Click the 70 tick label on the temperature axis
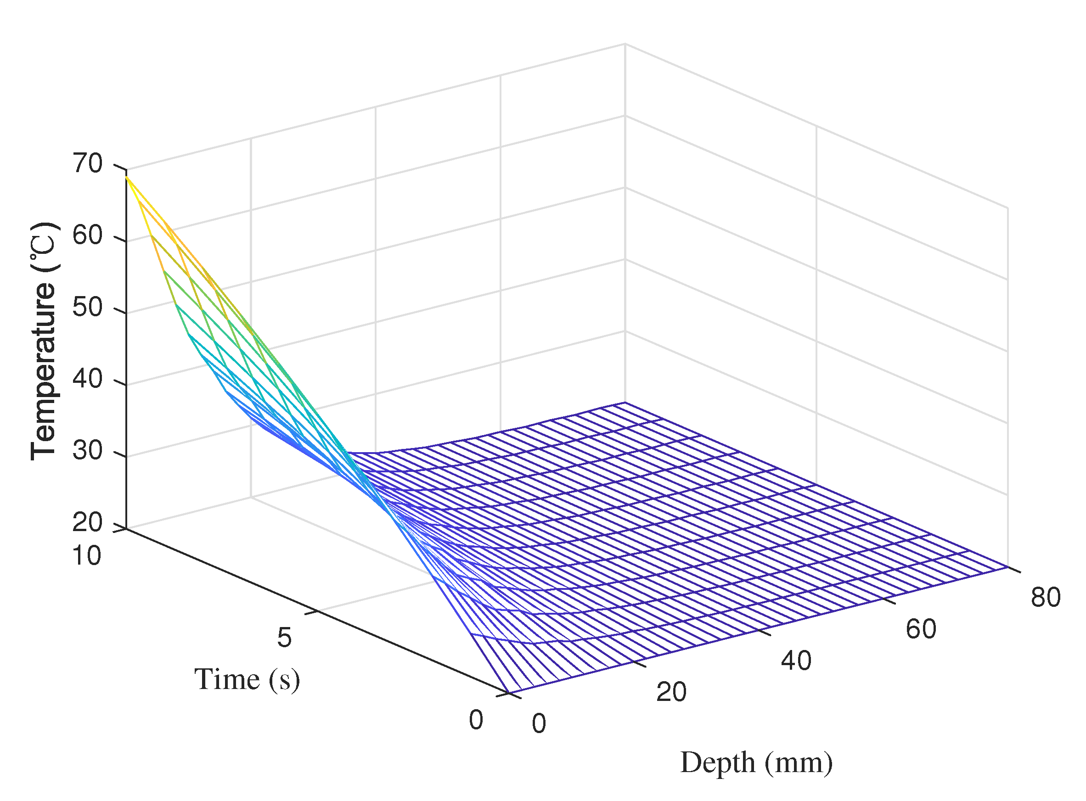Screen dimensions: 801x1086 pos(88,163)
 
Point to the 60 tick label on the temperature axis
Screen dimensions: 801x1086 pos(88,235)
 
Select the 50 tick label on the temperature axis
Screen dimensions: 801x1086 pos(88,308)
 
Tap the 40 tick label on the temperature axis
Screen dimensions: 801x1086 pos(88,379)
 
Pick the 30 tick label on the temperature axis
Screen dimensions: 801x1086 pos(88,450)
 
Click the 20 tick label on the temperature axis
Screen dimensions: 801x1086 pos(88,522)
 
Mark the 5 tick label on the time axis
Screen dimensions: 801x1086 pos(285,638)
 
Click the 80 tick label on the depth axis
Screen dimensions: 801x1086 pos(1046,597)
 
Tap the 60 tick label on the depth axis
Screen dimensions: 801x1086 pos(921,629)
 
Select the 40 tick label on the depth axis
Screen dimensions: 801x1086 pos(795,661)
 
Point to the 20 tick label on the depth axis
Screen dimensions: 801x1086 pos(671,692)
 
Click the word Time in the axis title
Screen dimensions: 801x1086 pos(226,679)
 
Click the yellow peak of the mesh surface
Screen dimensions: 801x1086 pos(128,179)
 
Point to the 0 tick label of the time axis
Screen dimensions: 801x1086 pos(476,720)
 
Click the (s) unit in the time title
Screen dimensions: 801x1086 pos(284,680)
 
